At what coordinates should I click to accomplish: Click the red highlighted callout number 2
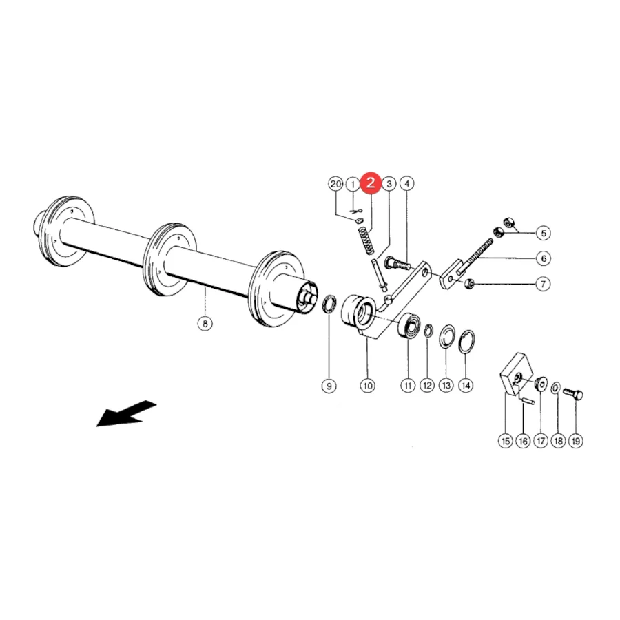[371, 183]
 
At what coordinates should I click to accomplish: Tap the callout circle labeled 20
[335, 184]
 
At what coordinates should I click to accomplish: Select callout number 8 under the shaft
[205, 324]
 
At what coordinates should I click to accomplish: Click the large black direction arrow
[127, 413]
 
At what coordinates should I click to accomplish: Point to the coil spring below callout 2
[366, 241]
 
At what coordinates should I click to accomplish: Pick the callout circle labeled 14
[466, 386]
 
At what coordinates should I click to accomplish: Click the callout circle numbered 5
[544, 234]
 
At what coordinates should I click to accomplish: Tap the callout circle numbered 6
[544, 258]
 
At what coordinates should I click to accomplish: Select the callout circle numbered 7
[544, 284]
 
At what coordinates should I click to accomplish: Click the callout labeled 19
[576, 442]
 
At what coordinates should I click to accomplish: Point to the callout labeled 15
[506, 442]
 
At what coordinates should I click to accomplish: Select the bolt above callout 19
[573, 394]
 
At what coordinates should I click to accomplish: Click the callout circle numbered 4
[407, 184]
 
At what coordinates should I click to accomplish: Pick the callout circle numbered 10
[367, 386]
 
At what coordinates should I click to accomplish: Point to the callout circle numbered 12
[427, 386]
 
